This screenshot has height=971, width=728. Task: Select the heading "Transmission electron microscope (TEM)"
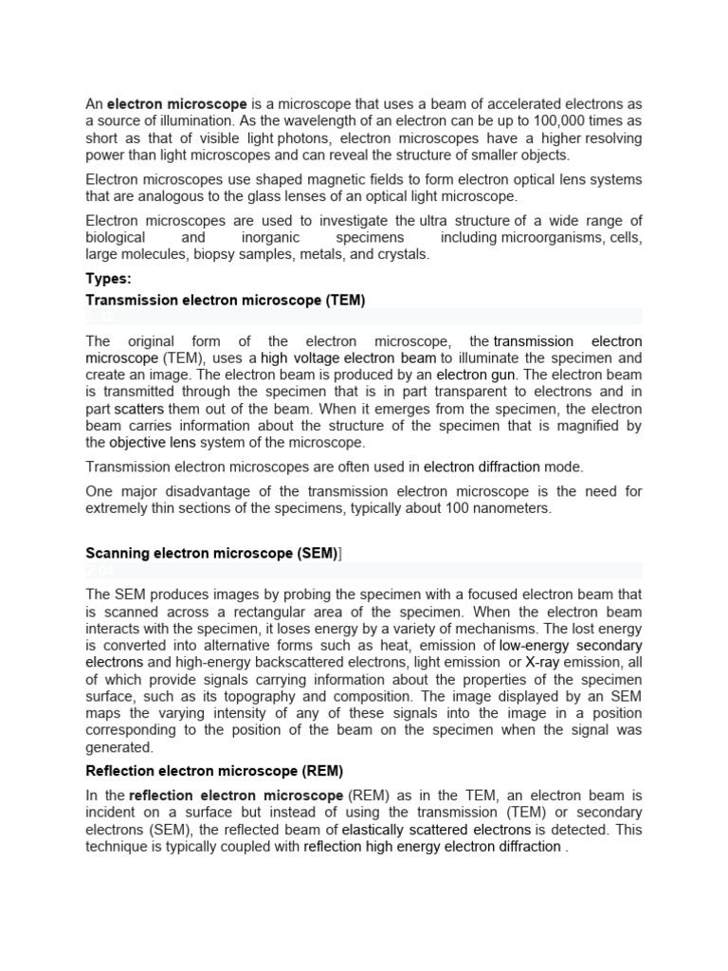coord(226,300)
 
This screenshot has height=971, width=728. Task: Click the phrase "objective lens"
coord(153,443)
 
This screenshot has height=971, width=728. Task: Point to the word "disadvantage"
coord(215,491)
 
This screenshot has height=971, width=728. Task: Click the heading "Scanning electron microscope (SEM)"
coord(211,553)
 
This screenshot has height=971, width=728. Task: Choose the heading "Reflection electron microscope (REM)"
coord(214,771)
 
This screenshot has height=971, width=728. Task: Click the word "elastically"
coord(379,830)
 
